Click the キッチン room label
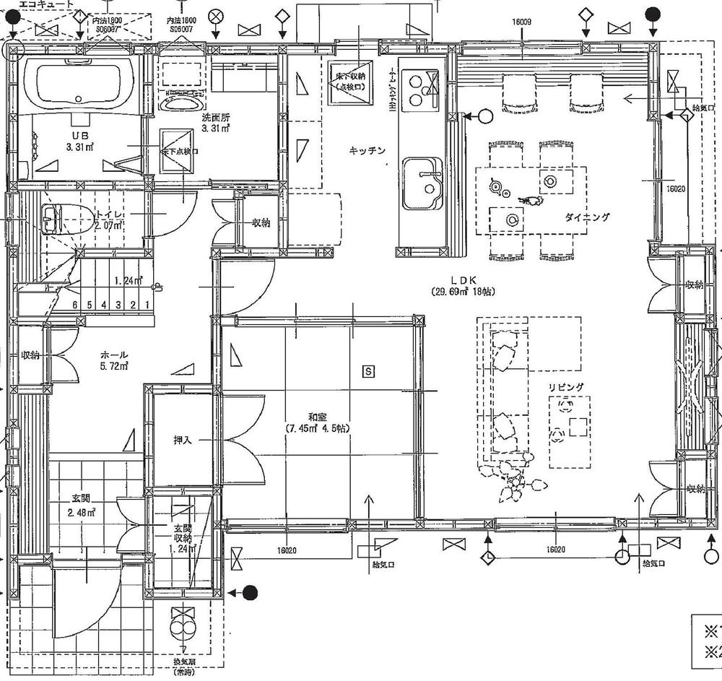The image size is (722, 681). coord(367,150)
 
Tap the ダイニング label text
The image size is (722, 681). coord(586,217)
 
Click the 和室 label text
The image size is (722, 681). coord(318,416)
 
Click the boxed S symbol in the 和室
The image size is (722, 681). coord(368,371)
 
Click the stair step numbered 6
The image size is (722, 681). coord(75,305)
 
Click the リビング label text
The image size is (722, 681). coord(565,388)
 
